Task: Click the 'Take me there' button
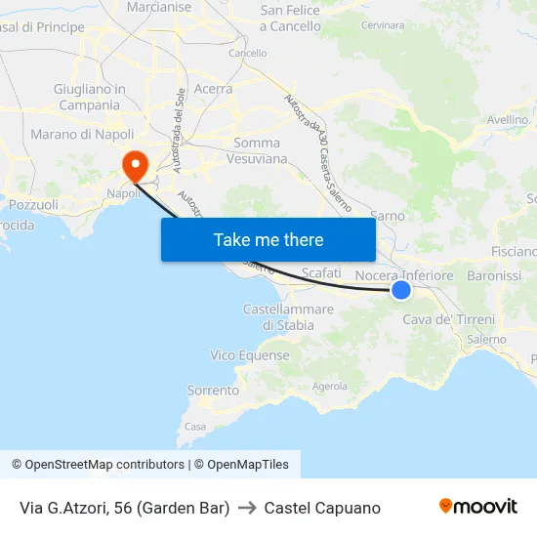[x=268, y=239]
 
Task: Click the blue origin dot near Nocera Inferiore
[x=400, y=289]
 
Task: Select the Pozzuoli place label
[x=33, y=205]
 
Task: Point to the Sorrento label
[x=213, y=391]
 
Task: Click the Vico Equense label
[x=250, y=355]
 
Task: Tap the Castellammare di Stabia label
[x=288, y=317]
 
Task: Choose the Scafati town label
[x=321, y=273]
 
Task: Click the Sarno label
[x=388, y=216]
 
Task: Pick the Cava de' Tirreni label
[x=449, y=319]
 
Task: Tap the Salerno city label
[x=485, y=339]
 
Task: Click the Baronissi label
[x=494, y=276]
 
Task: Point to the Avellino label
[x=508, y=119]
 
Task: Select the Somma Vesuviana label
[x=257, y=150]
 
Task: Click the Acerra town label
[x=213, y=89]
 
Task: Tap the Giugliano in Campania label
[x=89, y=97]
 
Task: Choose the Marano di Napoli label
[x=82, y=134]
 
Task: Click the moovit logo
[x=477, y=506]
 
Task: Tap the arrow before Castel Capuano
[x=247, y=508]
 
